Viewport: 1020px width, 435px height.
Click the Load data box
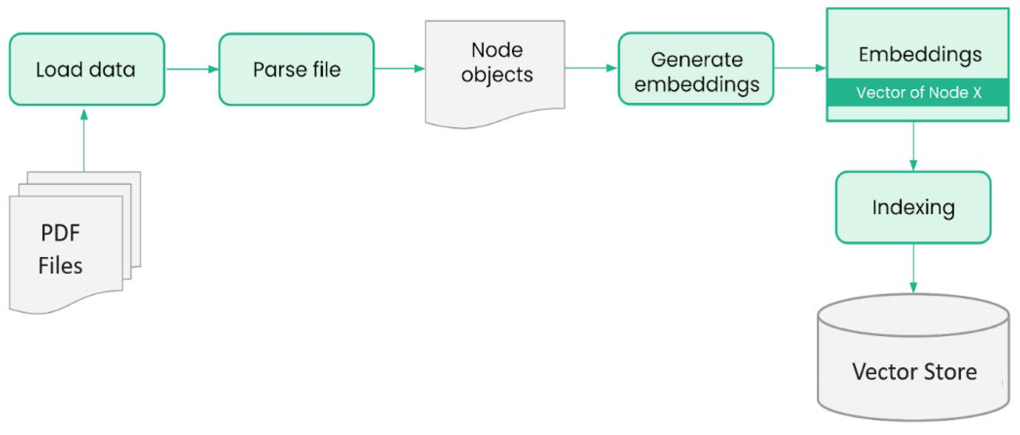point(87,69)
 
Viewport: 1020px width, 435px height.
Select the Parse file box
point(296,69)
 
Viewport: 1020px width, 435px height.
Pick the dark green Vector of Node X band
point(918,93)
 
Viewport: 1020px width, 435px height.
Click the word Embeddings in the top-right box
point(920,54)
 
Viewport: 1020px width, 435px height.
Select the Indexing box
point(913,207)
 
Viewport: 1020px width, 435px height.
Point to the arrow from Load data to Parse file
point(192,69)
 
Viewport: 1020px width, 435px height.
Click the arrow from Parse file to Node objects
point(399,68)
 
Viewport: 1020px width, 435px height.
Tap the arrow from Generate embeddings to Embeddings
point(799,68)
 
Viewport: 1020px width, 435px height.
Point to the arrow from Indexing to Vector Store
point(913,268)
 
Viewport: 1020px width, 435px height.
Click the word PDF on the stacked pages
point(60,233)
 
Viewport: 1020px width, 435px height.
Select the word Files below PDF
point(60,265)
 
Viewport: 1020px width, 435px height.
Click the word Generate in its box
point(697,60)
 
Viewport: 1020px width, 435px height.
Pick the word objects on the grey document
point(497,75)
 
